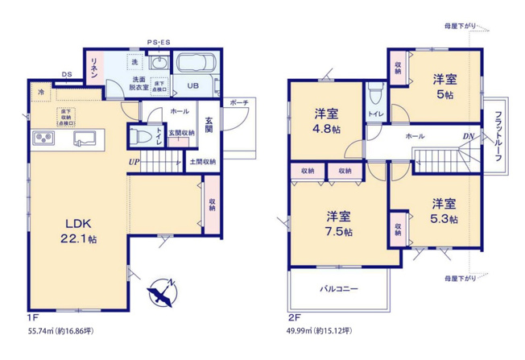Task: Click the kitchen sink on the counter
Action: click(x=84, y=139)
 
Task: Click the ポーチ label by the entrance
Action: click(x=238, y=103)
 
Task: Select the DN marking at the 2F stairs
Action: click(x=467, y=136)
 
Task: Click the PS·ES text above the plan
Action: click(x=158, y=42)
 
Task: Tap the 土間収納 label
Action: click(x=202, y=162)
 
